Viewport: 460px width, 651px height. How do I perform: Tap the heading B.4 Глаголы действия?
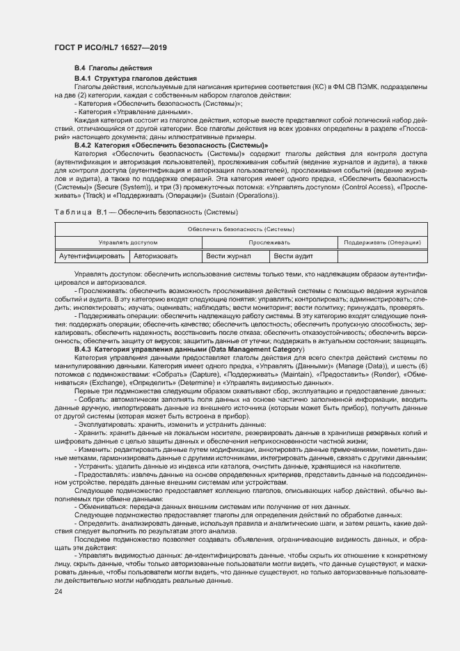113,68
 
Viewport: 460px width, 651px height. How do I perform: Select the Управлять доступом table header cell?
128,242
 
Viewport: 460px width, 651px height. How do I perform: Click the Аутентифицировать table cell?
92,256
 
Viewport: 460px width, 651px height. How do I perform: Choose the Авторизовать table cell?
156,256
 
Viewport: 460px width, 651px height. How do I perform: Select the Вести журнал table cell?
228,256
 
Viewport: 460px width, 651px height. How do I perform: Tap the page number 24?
58,591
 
